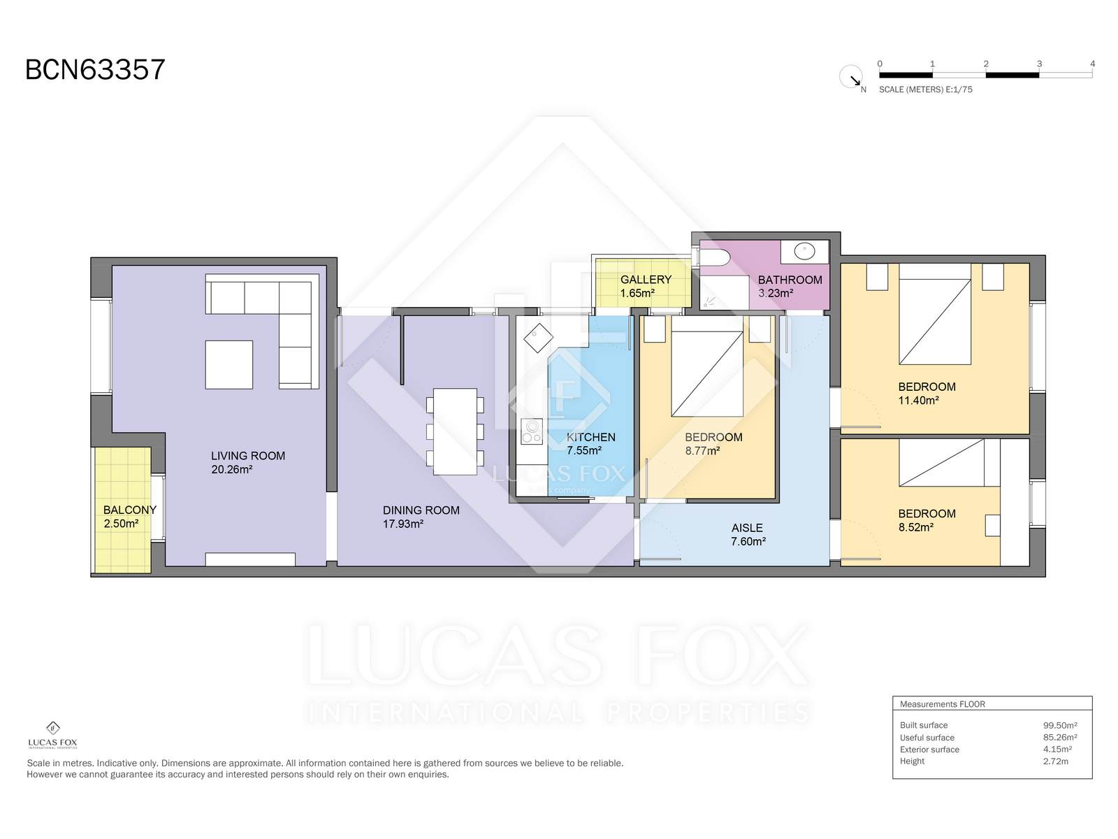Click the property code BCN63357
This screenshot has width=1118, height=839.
pos(95,69)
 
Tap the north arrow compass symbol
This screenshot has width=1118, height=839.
pos(851,77)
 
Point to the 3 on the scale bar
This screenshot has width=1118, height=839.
pos(1039,64)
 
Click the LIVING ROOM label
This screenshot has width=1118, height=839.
pos(247,455)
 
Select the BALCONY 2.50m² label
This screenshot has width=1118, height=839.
pos(129,516)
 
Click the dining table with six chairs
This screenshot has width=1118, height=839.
pos(455,431)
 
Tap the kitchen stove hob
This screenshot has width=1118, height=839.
pos(531,431)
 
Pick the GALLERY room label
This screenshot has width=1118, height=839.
pos(646,279)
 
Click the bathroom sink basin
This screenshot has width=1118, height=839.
pos(804,251)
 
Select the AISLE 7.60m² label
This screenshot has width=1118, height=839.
pos(748,534)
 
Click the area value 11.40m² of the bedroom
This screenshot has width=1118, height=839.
pos(918,401)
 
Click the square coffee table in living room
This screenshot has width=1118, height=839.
pos(228,365)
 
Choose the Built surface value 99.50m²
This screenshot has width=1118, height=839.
pos(1060,726)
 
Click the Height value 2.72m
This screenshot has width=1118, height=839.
pos(1055,761)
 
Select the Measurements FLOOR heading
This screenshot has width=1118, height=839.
pos(943,704)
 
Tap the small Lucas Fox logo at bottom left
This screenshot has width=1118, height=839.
pos(52,735)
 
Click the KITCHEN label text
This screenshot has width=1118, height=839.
pos(591,437)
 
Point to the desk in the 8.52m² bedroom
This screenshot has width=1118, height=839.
pos(992,525)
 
